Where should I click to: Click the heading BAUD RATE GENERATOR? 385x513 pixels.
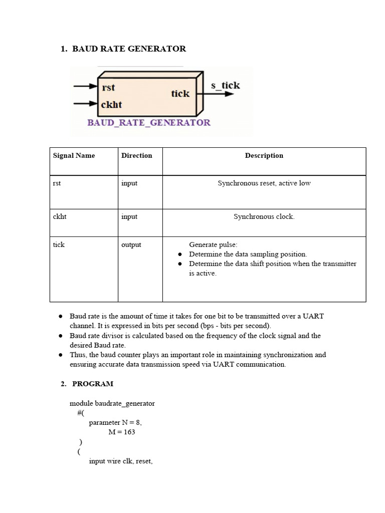coord(129,49)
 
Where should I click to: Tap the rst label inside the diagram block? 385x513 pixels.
coord(108,88)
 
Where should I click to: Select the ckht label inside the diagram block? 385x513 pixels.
coord(112,104)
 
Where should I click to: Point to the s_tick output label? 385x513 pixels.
coord(225,85)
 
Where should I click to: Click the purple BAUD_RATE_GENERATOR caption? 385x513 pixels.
coord(149,122)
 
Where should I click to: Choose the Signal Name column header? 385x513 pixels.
coord(74,155)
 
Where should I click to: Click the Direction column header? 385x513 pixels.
coord(136,155)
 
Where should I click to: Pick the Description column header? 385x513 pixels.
coord(264,155)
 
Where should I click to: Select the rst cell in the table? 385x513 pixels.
coord(57,183)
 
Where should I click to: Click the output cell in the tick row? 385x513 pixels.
coord(131,244)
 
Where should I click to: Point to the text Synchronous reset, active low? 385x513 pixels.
coord(264,183)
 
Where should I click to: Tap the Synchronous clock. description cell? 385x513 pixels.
coord(264,216)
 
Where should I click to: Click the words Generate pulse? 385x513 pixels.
coord(213,244)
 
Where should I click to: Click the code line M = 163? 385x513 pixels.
coord(121,432)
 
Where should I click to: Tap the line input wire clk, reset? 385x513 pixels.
coord(120,461)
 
